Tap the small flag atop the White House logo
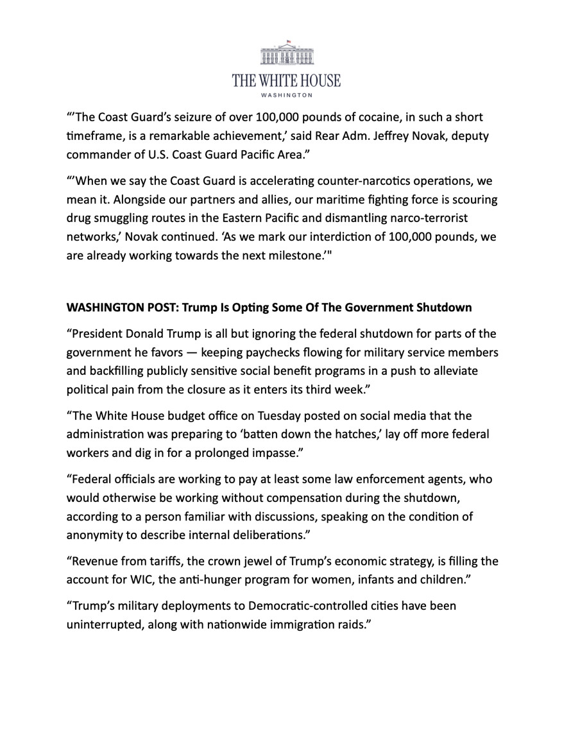point(288,41)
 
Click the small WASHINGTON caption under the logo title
point(287,95)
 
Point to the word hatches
point(348,435)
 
